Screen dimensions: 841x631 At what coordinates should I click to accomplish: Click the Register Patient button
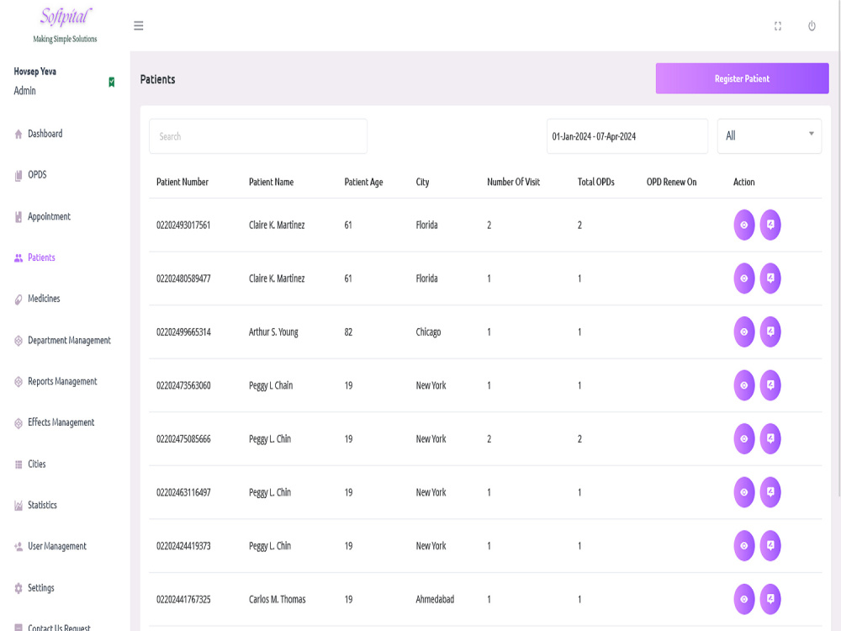point(742,78)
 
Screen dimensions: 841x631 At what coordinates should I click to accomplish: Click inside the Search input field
point(258,136)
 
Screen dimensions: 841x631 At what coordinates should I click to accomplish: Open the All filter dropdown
point(770,136)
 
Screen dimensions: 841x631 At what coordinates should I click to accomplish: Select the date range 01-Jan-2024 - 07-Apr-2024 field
point(627,136)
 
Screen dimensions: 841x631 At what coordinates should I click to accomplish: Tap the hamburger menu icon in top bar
point(139,26)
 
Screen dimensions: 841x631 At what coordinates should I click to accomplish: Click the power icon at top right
point(812,26)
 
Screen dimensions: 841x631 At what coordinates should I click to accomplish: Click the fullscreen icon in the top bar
point(778,26)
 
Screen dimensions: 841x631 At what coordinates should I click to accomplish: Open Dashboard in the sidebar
point(45,134)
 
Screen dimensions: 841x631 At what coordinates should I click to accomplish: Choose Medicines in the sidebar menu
point(44,299)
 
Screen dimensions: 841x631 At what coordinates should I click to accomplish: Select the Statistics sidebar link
point(42,505)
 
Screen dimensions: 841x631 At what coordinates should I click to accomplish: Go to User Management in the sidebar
point(57,546)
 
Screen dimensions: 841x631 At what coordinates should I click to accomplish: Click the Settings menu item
point(40,587)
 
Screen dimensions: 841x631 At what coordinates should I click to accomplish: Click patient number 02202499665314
point(183,332)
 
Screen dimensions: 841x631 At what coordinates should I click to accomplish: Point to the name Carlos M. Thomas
point(278,599)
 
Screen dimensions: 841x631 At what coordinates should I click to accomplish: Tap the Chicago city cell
point(428,332)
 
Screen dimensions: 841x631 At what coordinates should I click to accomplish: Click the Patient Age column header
point(363,182)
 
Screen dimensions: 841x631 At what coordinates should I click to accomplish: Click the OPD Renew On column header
point(671,182)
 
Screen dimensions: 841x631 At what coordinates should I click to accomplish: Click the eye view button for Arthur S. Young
point(744,332)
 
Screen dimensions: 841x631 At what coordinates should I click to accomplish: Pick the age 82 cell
point(348,332)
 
